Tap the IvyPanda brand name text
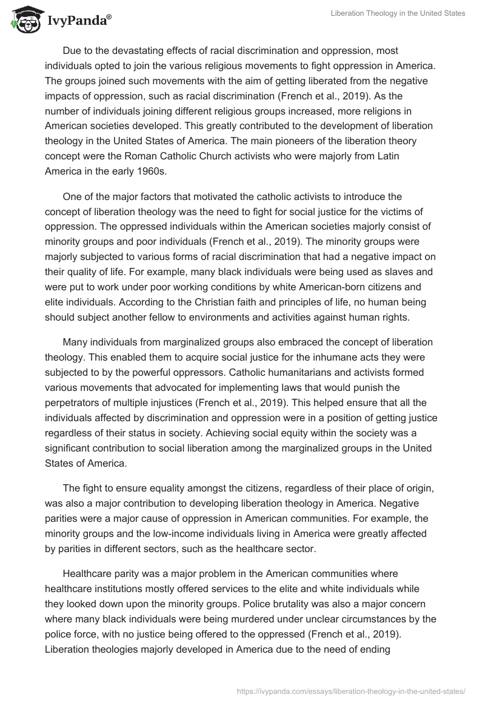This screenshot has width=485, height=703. tap(78, 20)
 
